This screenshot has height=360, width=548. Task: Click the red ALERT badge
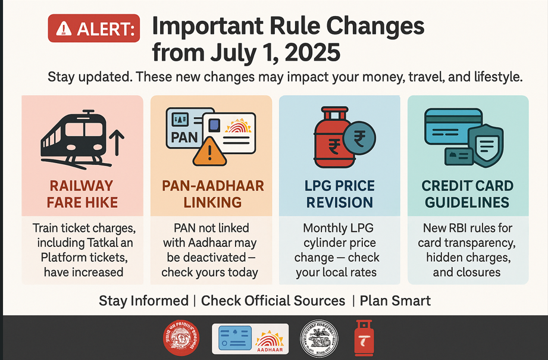point(94,29)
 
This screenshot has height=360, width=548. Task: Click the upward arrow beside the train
point(117,143)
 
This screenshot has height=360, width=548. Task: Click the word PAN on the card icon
point(184,137)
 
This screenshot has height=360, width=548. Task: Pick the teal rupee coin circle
point(359,139)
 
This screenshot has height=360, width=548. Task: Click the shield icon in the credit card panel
point(486,145)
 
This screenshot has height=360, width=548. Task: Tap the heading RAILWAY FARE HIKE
point(82,194)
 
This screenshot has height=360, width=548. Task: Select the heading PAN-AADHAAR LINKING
point(213,194)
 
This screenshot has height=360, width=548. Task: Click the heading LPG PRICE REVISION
point(340,194)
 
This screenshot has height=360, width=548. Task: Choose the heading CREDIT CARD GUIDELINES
point(467,194)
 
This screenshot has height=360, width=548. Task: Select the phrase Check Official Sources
point(273,301)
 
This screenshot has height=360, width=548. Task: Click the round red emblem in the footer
point(181,337)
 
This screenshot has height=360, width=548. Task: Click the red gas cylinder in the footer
point(364,337)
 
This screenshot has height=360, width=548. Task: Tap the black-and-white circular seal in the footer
point(319,339)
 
